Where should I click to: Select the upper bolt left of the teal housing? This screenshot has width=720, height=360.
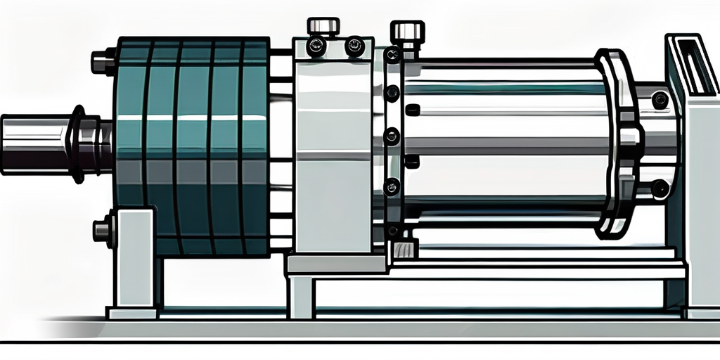103,61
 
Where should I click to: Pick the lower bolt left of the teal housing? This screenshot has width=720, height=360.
103,230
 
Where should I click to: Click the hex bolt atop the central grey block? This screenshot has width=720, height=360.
323,27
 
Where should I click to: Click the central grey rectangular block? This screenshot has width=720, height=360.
333,155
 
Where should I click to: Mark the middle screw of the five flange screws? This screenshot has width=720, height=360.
392,136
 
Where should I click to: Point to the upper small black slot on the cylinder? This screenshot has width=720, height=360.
413,110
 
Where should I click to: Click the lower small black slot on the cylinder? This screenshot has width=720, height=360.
413,162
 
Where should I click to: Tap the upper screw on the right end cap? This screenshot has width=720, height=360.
660,100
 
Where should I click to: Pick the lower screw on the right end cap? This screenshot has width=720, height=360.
660,188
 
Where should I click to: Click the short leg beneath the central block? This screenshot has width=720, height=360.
301,295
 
